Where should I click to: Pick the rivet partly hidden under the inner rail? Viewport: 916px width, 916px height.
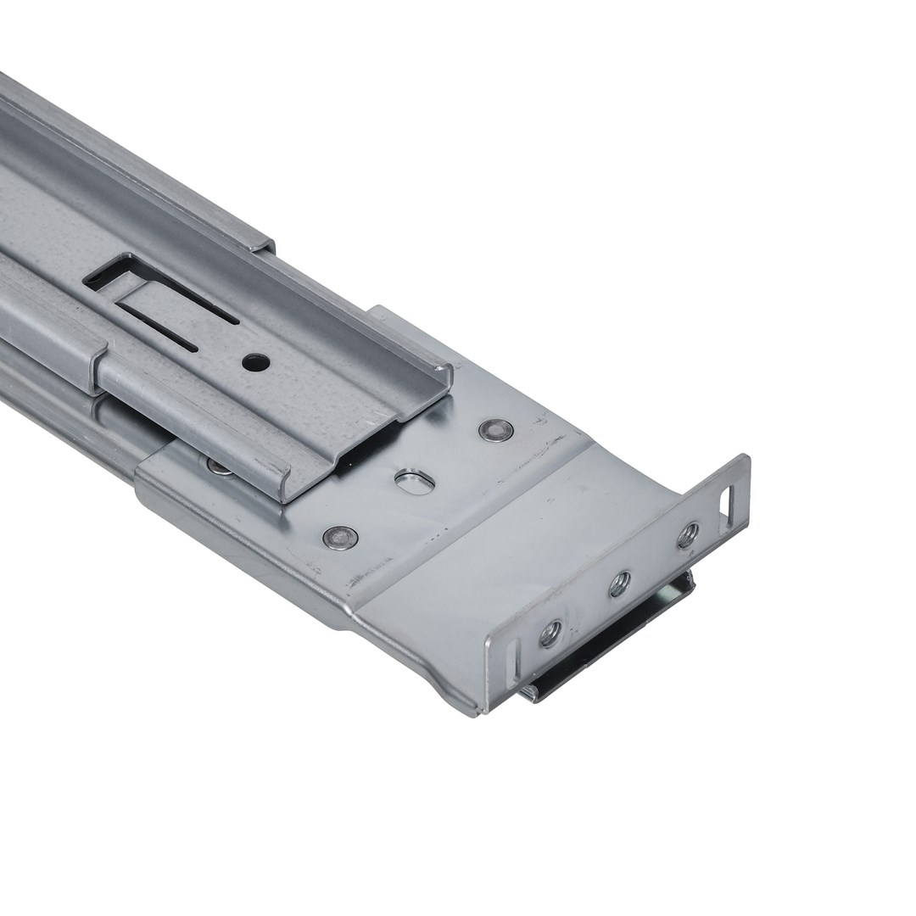tap(218, 465)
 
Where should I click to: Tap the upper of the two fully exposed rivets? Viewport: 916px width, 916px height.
tap(496, 430)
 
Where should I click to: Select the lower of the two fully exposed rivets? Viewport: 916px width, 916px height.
tap(339, 537)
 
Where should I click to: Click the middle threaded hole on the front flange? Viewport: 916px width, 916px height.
tap(620, 583)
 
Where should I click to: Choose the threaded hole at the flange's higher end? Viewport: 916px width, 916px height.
tap(688, 535)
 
